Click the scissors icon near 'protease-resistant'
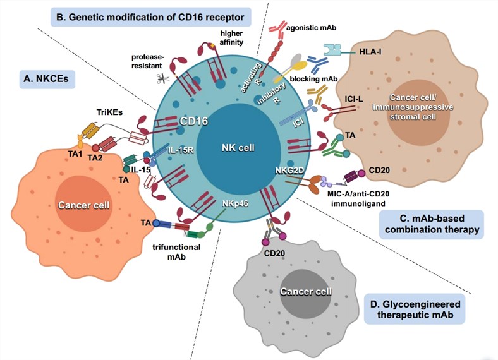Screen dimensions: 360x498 (166, 78)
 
